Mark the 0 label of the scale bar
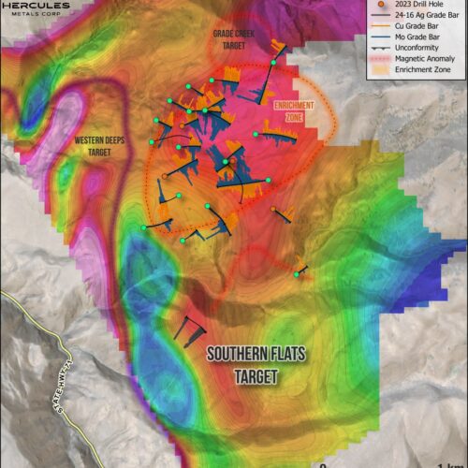[x=322, y=463]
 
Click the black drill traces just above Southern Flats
[x=192, y=329]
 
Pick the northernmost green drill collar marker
[x=274, y=63]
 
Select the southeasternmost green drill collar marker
[x=297, y=274]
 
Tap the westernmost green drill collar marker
[x=143, y=227]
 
